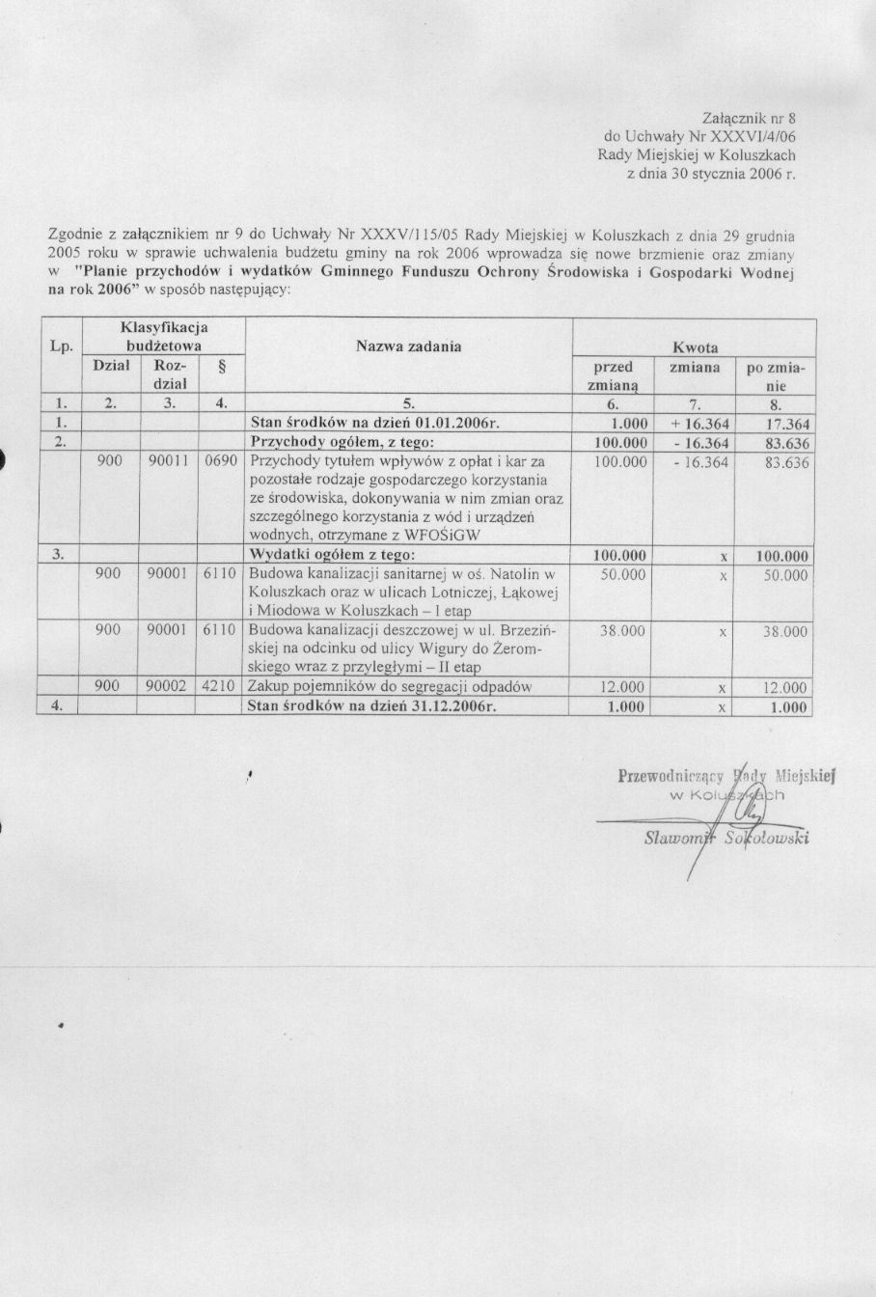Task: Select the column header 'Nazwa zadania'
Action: (408, 345)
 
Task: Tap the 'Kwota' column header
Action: (695, 347)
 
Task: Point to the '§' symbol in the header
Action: (220, 368)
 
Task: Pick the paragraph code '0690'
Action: (221, 461)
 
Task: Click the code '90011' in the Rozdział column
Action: (165, 461)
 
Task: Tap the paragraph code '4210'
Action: (221, 687)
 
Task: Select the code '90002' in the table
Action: (165, 687)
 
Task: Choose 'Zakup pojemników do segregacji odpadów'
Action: (390, 687)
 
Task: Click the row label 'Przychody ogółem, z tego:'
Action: (342, 442)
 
